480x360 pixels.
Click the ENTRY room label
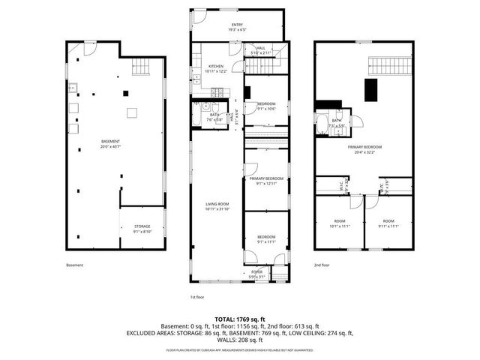pos(237,25)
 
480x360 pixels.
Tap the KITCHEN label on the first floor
pos(215,66)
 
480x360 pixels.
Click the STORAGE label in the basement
pos(142,226)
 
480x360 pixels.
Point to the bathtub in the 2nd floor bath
pos(323,125)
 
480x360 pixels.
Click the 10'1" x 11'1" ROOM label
pos(339,223)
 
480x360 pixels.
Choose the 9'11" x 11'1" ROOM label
pos(388,223)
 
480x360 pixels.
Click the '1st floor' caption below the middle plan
pos(197,297)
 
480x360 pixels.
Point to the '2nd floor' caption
pos(322,265)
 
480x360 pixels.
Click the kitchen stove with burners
pos(215,93)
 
